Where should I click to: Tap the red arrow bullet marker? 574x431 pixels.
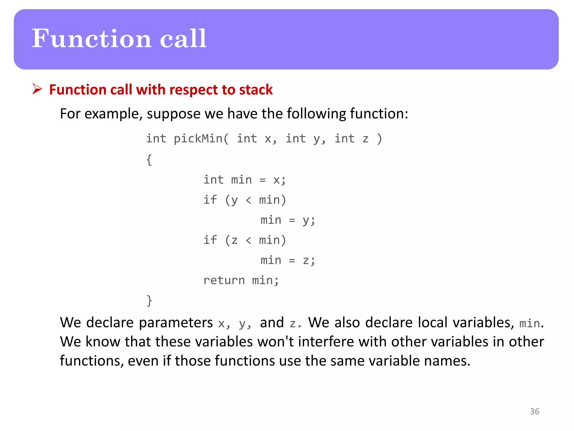pyautogui.click(x=37, y=89)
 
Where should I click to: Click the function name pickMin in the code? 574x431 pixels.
pyautogui.click(x=198, y=139)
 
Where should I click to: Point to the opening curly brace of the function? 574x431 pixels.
pyautogui.click(x=149, y=160)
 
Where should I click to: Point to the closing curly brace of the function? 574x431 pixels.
pyautogui.click(x=149, y=301)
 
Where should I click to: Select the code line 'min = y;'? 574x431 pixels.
pyautogui.click(x=288, y=220)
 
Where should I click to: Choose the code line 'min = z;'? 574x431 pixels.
pyautogui.click(x=288, y=260)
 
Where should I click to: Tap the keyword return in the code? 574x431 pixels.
pyautogui.click(x=224, y=280)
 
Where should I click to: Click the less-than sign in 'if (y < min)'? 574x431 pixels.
pyautogui.click(x=248, y=200)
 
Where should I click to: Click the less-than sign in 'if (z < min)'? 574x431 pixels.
pyautogui.click(x=248, y=240)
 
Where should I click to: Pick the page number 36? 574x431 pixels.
pyautogui.click(x=534, y=411)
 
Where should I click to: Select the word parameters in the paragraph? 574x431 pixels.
pyautogui.click(x=176, y=323)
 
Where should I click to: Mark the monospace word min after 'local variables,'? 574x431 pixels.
pyautogui.click(x=529, y=324)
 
